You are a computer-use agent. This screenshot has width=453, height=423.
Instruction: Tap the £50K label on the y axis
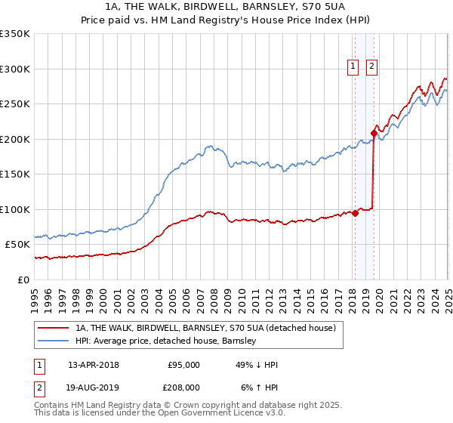pyautogui.click(x=17, y=245)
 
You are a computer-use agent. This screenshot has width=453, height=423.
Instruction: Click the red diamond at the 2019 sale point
pyautogui.click(x=374, y=134)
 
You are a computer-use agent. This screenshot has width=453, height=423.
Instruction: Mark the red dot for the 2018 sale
pyautogui.click(x=355, y=213)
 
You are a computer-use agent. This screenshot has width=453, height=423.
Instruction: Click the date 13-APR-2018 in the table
pyautogui.click(x=93, y=365)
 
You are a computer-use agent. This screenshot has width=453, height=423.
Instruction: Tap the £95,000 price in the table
pyautogui.click(x=184, y=365)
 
